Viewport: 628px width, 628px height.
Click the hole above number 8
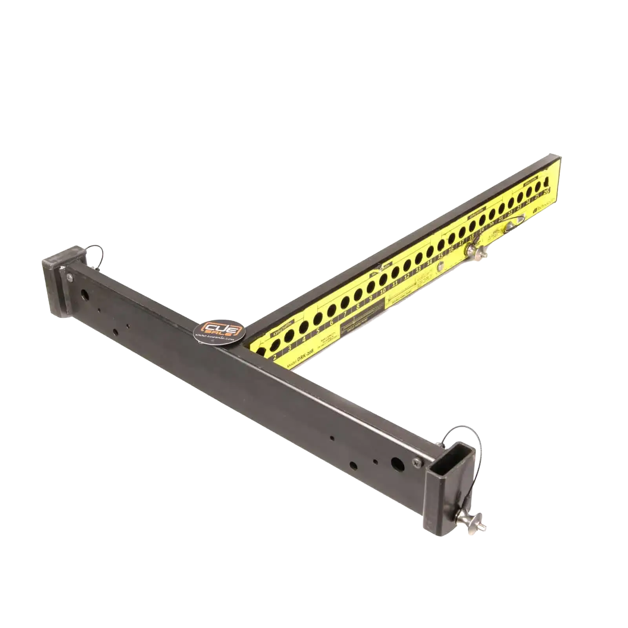click(x=358, y=295)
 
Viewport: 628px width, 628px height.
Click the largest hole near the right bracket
click(x=398, y=465)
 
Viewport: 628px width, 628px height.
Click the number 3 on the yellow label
click(x=290, y=348)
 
